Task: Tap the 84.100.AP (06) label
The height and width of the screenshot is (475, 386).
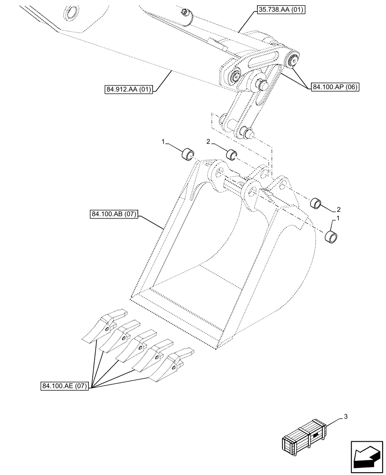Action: click(x=336, y=87)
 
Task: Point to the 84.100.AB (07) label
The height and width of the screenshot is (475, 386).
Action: click(x=113, y=215)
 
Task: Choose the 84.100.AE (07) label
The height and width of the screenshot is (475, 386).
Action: click(x=64, y=386)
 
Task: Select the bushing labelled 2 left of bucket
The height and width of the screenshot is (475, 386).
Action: click(x=232, y=155)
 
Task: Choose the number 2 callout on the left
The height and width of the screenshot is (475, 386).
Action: click(x=208, y=142)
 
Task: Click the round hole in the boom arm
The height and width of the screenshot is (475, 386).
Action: click(x=72, y=13)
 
